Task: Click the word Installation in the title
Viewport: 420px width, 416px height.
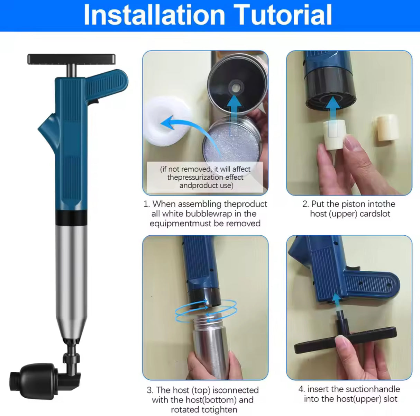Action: (154, 15)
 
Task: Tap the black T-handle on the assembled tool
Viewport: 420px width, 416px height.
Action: (71, 59)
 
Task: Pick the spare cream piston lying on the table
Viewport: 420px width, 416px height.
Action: (386, 128)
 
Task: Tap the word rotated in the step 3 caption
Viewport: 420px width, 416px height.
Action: (186, 410)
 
